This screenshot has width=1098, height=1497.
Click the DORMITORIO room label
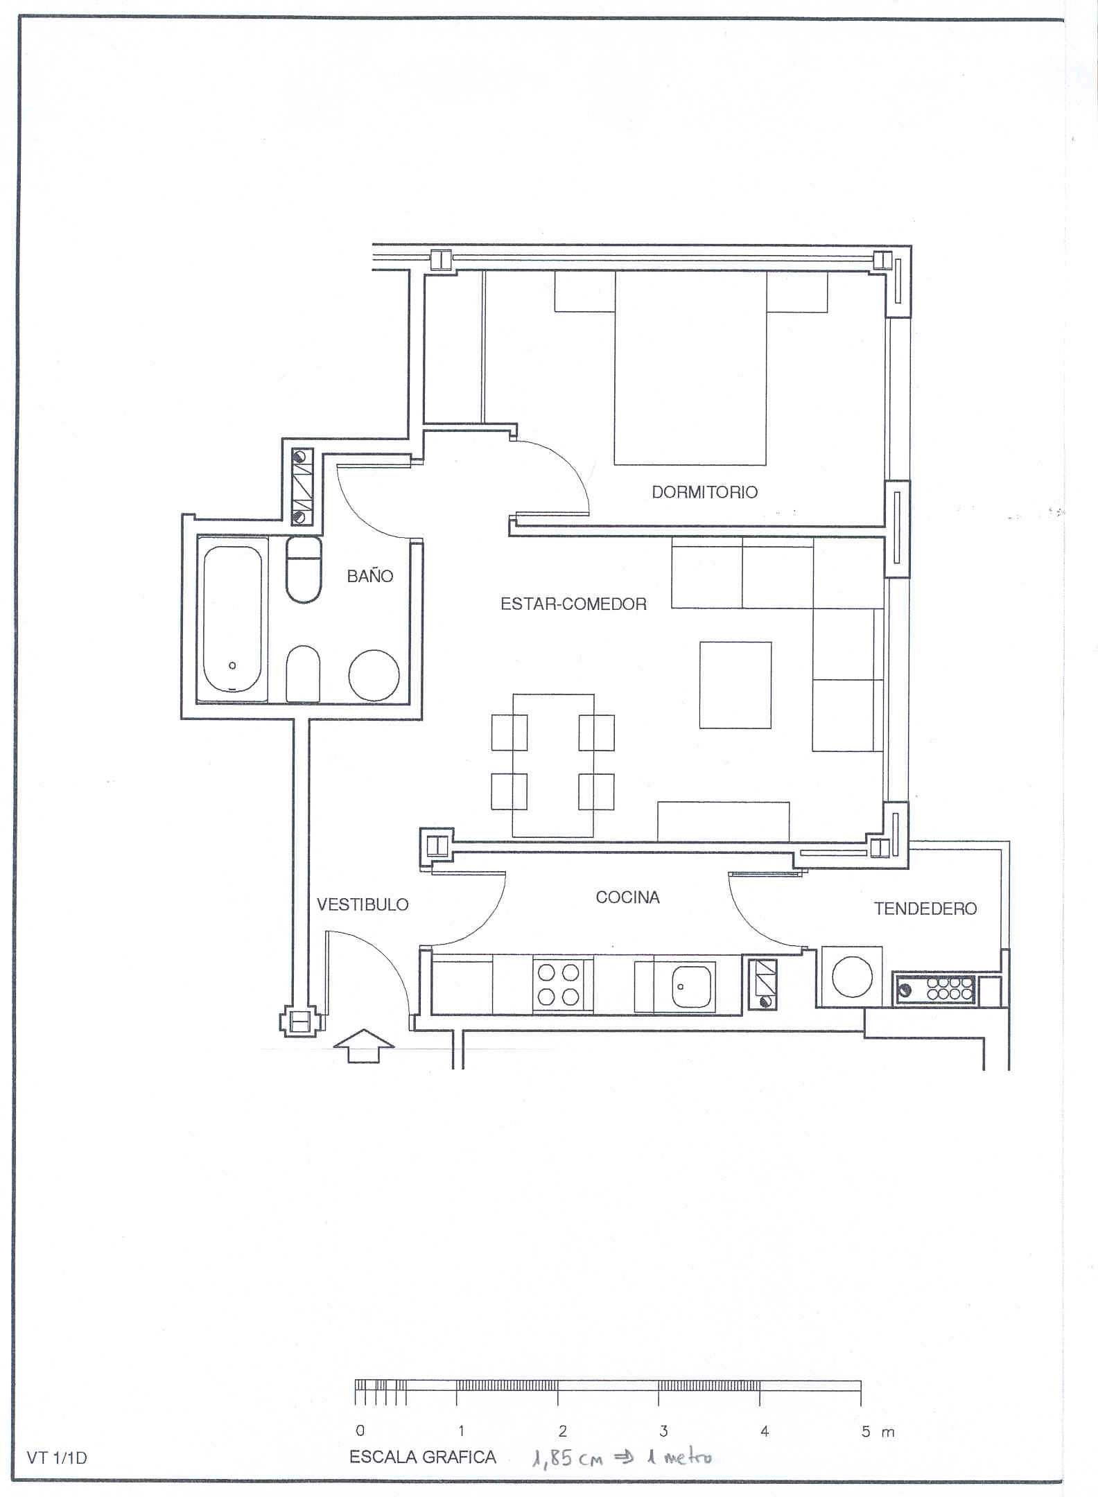705,492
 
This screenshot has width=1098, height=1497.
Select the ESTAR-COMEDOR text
573,604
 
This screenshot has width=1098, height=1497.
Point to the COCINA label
627,898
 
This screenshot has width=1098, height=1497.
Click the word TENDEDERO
925,909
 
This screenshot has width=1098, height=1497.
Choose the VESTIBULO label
363,904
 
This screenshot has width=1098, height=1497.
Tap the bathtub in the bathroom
233,619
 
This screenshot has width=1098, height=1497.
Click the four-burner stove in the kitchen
563,985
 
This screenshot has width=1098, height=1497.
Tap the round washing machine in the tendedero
851,977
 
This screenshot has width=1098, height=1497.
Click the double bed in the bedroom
690,368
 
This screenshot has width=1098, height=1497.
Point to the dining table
553,766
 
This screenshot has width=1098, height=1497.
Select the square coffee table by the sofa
735,685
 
